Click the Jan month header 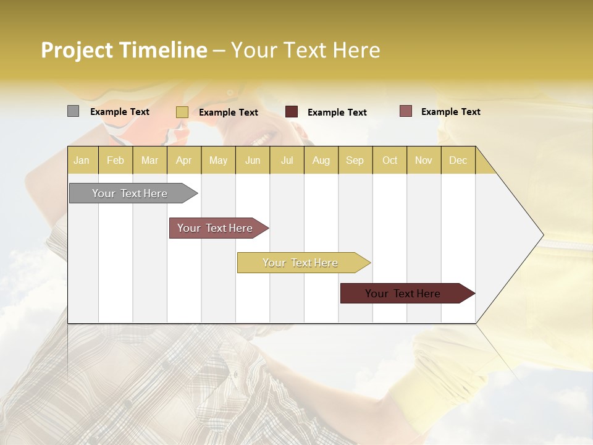82,160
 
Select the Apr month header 183,160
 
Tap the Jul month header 287,160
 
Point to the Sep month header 355,160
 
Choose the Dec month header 458,160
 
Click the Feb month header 116,160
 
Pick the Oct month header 390,160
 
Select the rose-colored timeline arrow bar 216,228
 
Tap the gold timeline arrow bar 301,263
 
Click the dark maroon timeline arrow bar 405,294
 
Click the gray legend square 73,111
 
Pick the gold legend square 182,112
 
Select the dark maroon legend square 292,112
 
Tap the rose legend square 405,111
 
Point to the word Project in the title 77,50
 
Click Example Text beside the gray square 120,112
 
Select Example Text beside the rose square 450,112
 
